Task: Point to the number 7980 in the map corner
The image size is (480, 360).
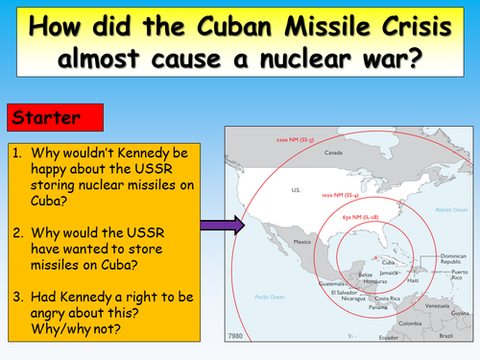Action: (236, 336)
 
